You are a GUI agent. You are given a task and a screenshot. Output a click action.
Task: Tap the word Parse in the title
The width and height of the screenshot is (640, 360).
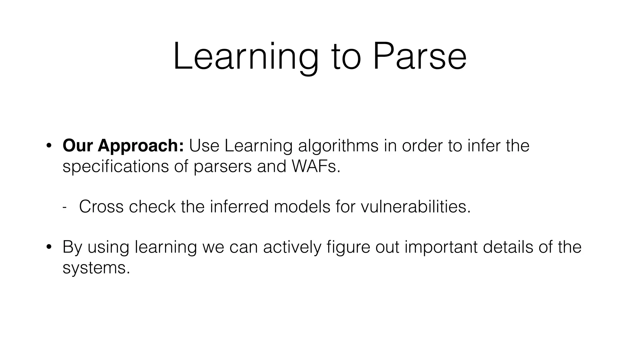click(420, 57)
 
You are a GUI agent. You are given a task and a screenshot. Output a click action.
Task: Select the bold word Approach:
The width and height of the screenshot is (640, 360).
click(141, 146)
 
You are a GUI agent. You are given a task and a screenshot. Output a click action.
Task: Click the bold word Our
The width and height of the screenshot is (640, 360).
click(78, 146)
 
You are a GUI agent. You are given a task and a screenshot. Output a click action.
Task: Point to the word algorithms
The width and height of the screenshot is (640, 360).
click(338, 146)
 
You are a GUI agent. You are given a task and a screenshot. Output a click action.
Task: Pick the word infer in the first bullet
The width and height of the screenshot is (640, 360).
click(484, 146)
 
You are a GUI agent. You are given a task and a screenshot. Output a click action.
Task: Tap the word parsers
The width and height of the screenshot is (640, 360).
click(222, 166)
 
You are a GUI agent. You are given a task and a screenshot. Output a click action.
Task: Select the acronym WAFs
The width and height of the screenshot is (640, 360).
click(316, 166)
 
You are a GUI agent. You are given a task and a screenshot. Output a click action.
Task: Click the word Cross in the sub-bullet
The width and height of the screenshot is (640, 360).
click(101, 207)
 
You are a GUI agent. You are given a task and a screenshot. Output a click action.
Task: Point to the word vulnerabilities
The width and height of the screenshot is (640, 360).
click(415, 207)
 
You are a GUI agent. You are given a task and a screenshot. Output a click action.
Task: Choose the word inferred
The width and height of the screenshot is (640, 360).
click(239, 207)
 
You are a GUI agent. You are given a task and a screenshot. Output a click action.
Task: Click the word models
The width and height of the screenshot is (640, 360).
click(302, 207)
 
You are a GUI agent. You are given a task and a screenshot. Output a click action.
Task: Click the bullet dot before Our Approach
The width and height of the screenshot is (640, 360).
click(48, 146)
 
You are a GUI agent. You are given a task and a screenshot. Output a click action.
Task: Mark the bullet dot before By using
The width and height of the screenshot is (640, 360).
click(48, 247)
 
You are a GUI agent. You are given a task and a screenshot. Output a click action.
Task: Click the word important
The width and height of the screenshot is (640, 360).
click(441, 247)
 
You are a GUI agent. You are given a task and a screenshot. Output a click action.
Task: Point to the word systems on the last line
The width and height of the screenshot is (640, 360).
click(96, 268)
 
